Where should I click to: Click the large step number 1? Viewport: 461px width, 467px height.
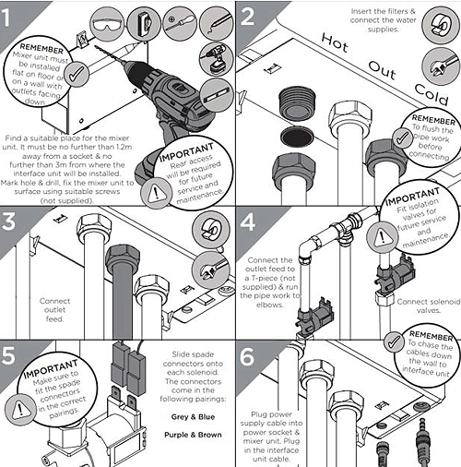coord(6,18)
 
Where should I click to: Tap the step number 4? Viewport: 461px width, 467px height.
coord(248,222)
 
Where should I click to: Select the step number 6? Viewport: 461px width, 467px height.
coord(247,357)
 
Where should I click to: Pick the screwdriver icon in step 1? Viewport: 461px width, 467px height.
coord(180,23)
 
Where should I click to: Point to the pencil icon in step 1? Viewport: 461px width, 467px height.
coord(216,23)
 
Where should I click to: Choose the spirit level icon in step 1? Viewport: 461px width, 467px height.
coord(217,95)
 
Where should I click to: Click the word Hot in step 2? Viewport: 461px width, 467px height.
coord(335,43)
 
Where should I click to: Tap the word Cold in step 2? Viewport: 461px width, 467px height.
coord(431,94)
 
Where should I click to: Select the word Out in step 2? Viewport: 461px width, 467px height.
coord(382,70)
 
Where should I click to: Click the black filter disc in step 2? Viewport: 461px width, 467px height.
coord(297,137)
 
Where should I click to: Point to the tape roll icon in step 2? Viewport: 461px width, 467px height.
coord(440,25)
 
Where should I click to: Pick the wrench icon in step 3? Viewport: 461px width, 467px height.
coord(210,269)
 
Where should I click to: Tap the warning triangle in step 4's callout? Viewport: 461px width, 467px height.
coord(382,238)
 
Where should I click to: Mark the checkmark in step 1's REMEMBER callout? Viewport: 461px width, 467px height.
coord(77,74)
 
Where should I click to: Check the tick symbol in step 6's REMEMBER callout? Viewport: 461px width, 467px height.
coord(395,341)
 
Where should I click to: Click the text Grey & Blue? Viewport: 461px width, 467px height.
coord(193,417)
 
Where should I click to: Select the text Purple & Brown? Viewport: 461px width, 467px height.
coord(193,435)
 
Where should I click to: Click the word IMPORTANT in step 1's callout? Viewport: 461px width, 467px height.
coord(186,152)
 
